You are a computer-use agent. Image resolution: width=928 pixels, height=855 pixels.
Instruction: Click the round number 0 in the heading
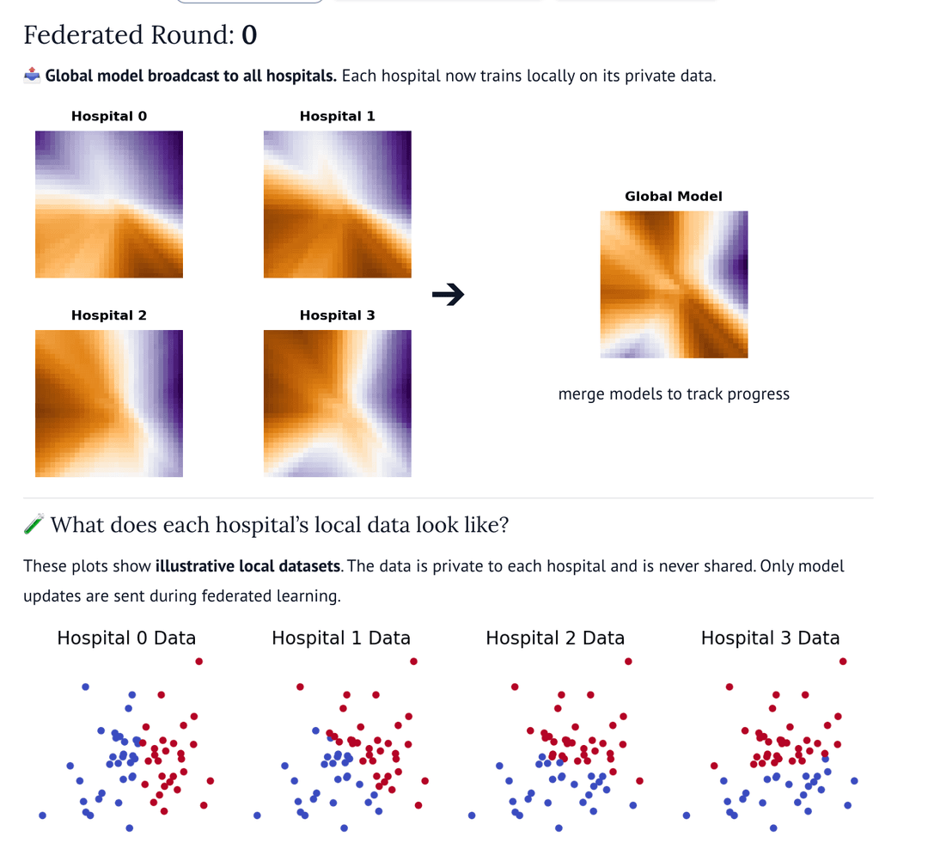[x=249, y=35]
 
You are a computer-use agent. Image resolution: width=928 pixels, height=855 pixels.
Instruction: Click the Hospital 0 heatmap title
[x=109, y=116]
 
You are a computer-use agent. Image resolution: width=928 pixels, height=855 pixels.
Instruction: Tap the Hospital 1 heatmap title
[x=337, y=116]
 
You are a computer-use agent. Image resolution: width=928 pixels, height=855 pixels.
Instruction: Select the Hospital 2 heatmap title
[x=109, y=315]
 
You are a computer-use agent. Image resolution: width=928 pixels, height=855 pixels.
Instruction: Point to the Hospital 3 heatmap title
[x=337, y=315]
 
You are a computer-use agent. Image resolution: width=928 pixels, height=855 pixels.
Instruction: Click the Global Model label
[x=674, y=197]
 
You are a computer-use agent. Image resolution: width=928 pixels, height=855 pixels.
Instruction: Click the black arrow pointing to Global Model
[x=448, y=296]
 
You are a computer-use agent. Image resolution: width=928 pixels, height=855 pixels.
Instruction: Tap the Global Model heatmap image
[x=674, y=284]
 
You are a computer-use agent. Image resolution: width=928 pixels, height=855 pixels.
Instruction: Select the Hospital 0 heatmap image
[x=109, y=205]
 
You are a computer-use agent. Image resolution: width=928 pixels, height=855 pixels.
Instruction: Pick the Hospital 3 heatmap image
[x=337, y=403]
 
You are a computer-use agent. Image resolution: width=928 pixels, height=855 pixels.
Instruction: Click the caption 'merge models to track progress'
[x=674, y=394]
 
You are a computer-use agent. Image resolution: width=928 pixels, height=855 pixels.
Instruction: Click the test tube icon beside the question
[x=34, y=525]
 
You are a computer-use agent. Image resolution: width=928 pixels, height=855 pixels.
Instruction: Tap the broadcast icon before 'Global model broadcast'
[x=32, y=76]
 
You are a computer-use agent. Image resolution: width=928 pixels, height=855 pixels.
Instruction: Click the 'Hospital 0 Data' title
[x=126, y=638]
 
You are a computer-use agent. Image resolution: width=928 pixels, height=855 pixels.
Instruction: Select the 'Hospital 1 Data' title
[x=341, y=638]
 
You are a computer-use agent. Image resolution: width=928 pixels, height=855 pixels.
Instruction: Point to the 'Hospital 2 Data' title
[x=555, y=638]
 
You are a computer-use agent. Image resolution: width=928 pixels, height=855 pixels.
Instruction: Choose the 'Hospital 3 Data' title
[x=770, y=638]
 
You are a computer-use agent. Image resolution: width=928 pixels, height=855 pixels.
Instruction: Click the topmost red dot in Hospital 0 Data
[x=199, y=661]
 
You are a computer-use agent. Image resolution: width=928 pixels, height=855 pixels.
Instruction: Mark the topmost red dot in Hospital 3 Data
[x=843, y=661]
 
